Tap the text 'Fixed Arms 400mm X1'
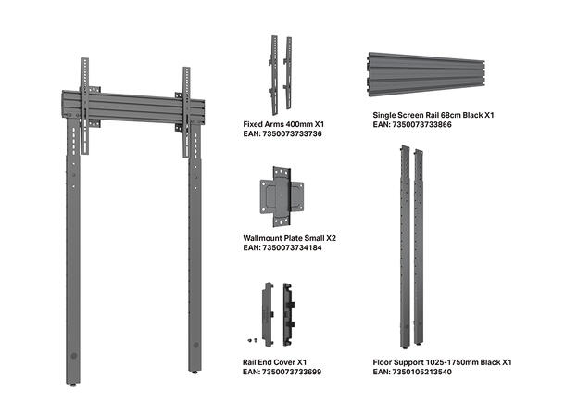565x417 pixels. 283,123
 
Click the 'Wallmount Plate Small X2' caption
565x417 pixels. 289,238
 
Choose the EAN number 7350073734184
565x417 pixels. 282,248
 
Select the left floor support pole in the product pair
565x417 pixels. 403,246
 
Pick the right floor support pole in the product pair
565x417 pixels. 422,246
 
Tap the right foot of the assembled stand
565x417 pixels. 195,372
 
